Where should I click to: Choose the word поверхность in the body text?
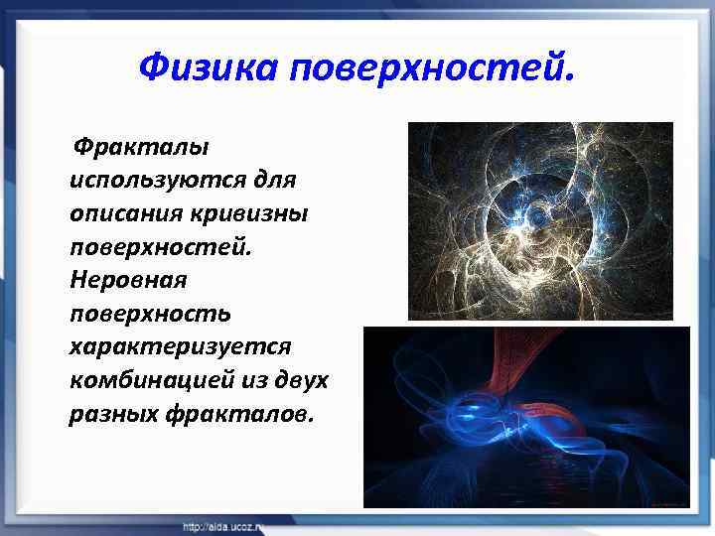[150, 314]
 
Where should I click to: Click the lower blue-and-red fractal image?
[526, 417]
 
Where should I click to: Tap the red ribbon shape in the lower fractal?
[521, 367]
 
